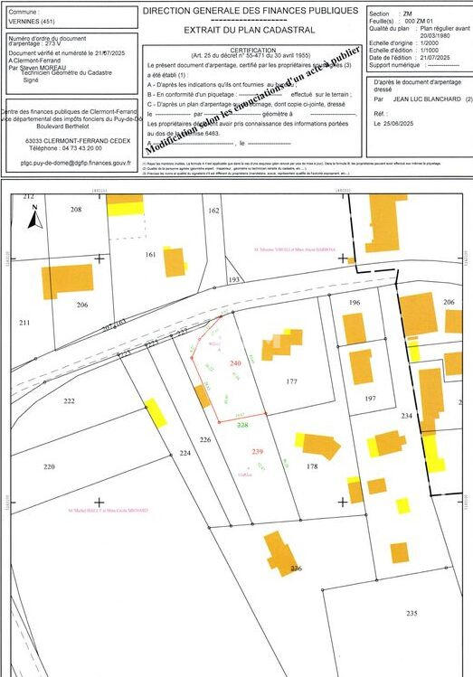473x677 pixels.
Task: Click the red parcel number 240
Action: [236, 363]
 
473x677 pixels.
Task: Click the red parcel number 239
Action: [257, 451]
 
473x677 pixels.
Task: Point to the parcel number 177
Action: [291, 381]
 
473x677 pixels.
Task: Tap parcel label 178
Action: [312, 466]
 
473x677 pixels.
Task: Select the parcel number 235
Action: [412, 613]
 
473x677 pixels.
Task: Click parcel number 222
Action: [70, 400]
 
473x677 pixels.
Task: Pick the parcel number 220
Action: [49, 466]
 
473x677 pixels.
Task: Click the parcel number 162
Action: [213, 210]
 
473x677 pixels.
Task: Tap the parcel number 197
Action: [369, 398]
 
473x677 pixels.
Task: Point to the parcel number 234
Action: [406, 416]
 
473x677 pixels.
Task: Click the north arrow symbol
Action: [33, 216]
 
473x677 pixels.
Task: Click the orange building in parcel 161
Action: [174, 261]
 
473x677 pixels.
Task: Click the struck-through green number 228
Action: [242, 424]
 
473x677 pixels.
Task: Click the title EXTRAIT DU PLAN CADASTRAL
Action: [252, 30]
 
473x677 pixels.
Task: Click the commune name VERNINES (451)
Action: [31, 21]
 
